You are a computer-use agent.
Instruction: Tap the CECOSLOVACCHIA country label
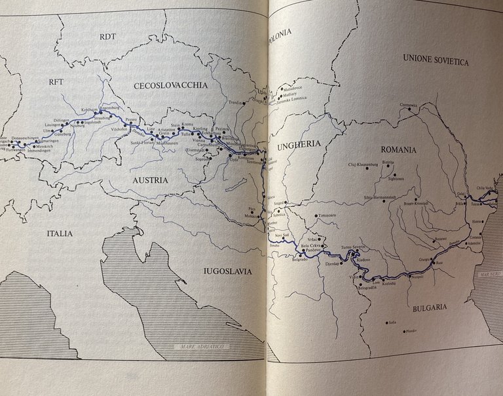click(170, 85)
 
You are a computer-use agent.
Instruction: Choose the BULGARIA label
click(428, 306)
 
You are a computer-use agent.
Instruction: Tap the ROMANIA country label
click(396, 150)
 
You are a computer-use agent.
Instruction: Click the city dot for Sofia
click(386, 321)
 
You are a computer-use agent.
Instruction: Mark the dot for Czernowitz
click(411, 109)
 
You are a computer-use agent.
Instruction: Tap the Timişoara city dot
click(316, 216)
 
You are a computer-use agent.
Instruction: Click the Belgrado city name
click(298, 260)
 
